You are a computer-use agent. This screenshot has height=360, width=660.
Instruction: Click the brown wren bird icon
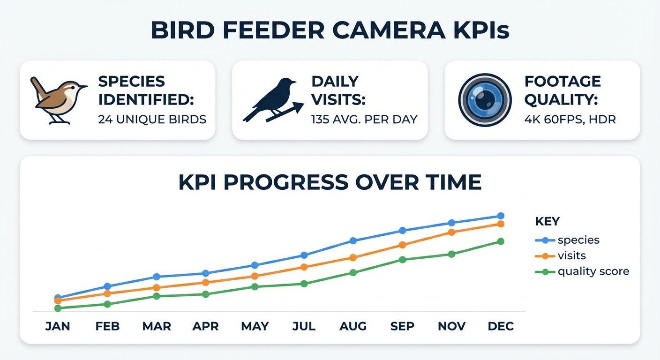[x=59, y=100]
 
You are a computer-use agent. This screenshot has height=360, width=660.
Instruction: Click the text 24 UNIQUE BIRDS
[x=152, y=120]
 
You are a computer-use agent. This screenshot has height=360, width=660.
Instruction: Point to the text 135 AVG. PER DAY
[x=364, y=120]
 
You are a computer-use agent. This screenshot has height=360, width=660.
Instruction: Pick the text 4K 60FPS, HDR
[x=570, y=120]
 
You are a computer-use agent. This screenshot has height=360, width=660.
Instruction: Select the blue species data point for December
[x=501, y=216]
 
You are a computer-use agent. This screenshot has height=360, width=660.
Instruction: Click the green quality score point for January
[x=58, y=308]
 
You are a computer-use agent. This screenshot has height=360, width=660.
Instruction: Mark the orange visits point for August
[x=353, y=258]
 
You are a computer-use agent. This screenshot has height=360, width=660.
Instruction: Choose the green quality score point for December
[x=501, y=241]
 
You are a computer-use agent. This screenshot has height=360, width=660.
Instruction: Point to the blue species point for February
[x=107, y=286]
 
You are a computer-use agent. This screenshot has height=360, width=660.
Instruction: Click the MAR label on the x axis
[x=156, y=326]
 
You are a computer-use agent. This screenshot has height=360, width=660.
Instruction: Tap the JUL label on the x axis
[x=304, y=326]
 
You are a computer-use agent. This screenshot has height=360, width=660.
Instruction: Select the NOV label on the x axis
[x=451, y=326]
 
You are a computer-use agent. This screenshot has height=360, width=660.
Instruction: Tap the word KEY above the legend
[x=547, y=221]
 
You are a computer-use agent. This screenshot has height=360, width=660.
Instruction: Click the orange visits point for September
[x=402, y=245]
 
